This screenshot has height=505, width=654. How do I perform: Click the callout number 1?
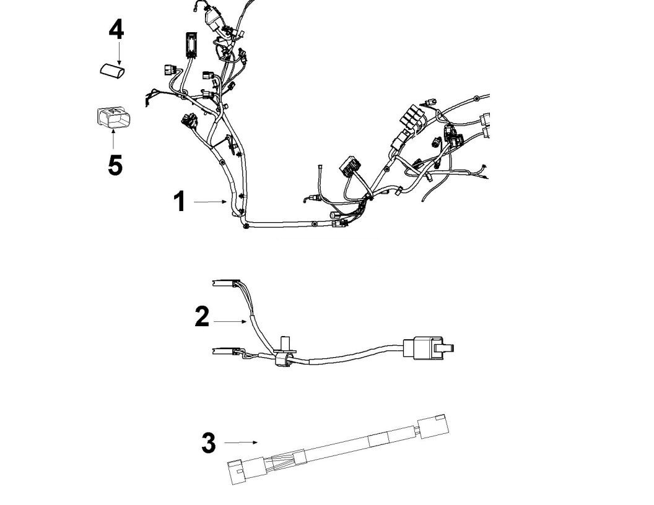[179, 202]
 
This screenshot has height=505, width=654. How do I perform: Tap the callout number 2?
[202, 316]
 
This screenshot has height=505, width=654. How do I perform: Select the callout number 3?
[209, 443]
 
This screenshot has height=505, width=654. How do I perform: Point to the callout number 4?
[116, 29]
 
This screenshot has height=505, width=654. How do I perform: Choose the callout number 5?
[115, 165]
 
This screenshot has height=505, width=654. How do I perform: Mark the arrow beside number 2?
[230, 321]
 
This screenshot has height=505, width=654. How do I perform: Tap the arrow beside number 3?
[240, 442]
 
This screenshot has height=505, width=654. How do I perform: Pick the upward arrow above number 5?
[113, 140]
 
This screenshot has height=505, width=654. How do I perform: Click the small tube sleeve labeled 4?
[112, 71]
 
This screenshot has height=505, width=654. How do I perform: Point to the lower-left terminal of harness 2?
[224, 353]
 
